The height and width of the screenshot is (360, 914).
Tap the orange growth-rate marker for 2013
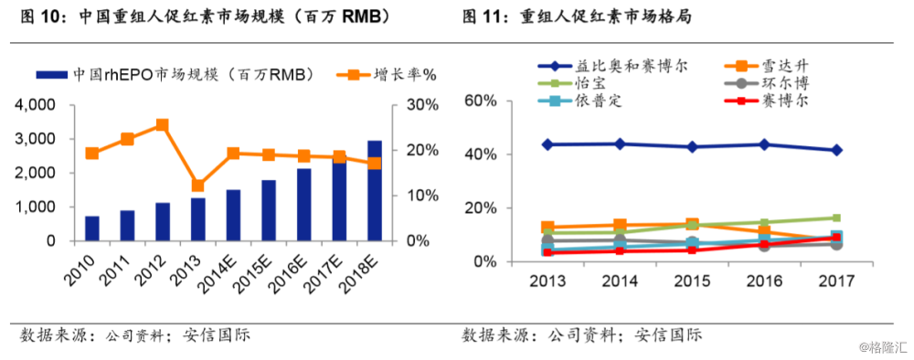coord(197,185)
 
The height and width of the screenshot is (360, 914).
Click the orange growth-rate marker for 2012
coord(162,124)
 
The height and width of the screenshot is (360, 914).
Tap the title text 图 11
coord(483,16)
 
